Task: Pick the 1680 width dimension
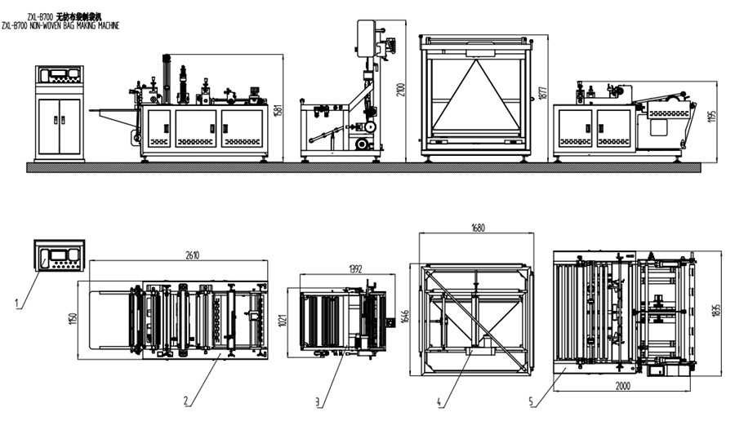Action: pos(476,228)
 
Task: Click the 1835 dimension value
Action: pos(716,310)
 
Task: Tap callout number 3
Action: pos(318,401)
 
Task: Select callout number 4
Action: pos(439,401)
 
